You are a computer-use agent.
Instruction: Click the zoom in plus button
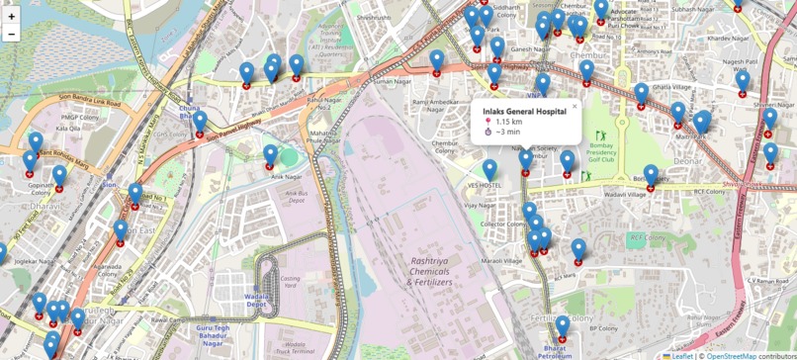pos(12,16)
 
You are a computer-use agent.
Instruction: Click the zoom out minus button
pos(12,34)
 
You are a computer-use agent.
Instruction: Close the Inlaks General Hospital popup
pos(575,106)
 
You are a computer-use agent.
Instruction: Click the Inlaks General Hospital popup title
pos(524,112)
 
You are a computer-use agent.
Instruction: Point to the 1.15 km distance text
pos(508,122)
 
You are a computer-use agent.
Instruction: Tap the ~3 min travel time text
pos(507,132)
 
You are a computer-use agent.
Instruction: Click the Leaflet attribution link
pos(682,355)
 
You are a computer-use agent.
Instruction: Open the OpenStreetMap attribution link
pos(732,355)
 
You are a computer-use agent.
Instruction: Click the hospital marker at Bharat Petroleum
pos(562,327)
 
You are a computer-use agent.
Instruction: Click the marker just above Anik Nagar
pos(270,156)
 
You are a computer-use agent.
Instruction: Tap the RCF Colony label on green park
pos(648,237)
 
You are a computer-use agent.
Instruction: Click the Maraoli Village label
pos(500,260)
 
